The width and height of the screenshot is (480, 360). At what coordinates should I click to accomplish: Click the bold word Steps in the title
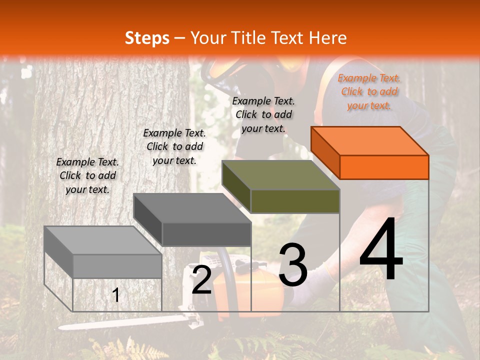(147, 38)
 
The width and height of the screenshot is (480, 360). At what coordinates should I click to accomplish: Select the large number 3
(293, 265)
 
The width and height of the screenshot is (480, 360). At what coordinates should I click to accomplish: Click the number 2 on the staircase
(202, 280)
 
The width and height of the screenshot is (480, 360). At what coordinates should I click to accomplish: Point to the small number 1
(116, 295)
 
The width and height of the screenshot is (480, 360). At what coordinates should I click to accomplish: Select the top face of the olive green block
(281, 175)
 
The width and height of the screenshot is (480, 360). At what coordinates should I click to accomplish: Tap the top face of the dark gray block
(192, 208)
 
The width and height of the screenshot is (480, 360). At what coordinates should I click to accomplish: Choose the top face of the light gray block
(103, 240)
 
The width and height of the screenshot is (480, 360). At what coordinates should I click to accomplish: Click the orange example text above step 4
(369, 91)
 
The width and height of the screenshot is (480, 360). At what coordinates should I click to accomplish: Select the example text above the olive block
(263, 114)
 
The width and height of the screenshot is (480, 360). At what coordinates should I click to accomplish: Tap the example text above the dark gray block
(174, 146)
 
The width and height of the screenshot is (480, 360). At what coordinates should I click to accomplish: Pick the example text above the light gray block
(87, 175)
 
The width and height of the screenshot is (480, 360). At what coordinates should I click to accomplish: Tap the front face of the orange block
(384, 167)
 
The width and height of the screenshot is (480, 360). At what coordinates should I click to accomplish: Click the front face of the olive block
(295, 201)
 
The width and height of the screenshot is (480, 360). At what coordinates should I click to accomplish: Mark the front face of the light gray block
(117, 266)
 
